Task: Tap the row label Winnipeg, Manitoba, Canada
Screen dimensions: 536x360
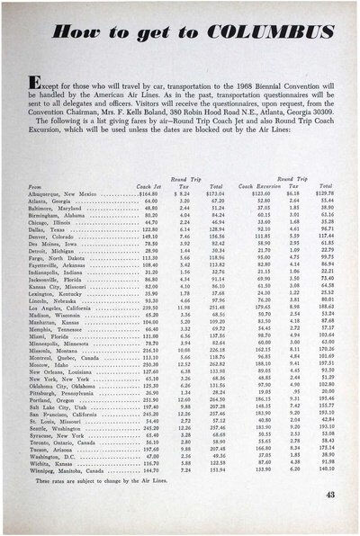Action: (x=62, y=470)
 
